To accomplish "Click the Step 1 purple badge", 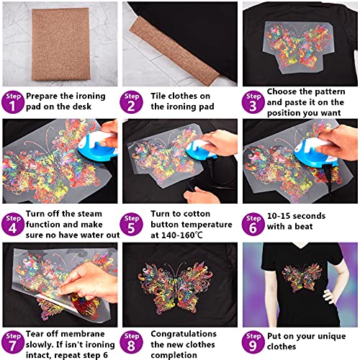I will (12, 102).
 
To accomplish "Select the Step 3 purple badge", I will (253, 102).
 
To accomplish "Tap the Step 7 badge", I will (12, 341).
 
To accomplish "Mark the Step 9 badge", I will (253, 341).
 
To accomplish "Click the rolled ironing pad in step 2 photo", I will (158, 43).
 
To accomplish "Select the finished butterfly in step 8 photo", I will (179, 286).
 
